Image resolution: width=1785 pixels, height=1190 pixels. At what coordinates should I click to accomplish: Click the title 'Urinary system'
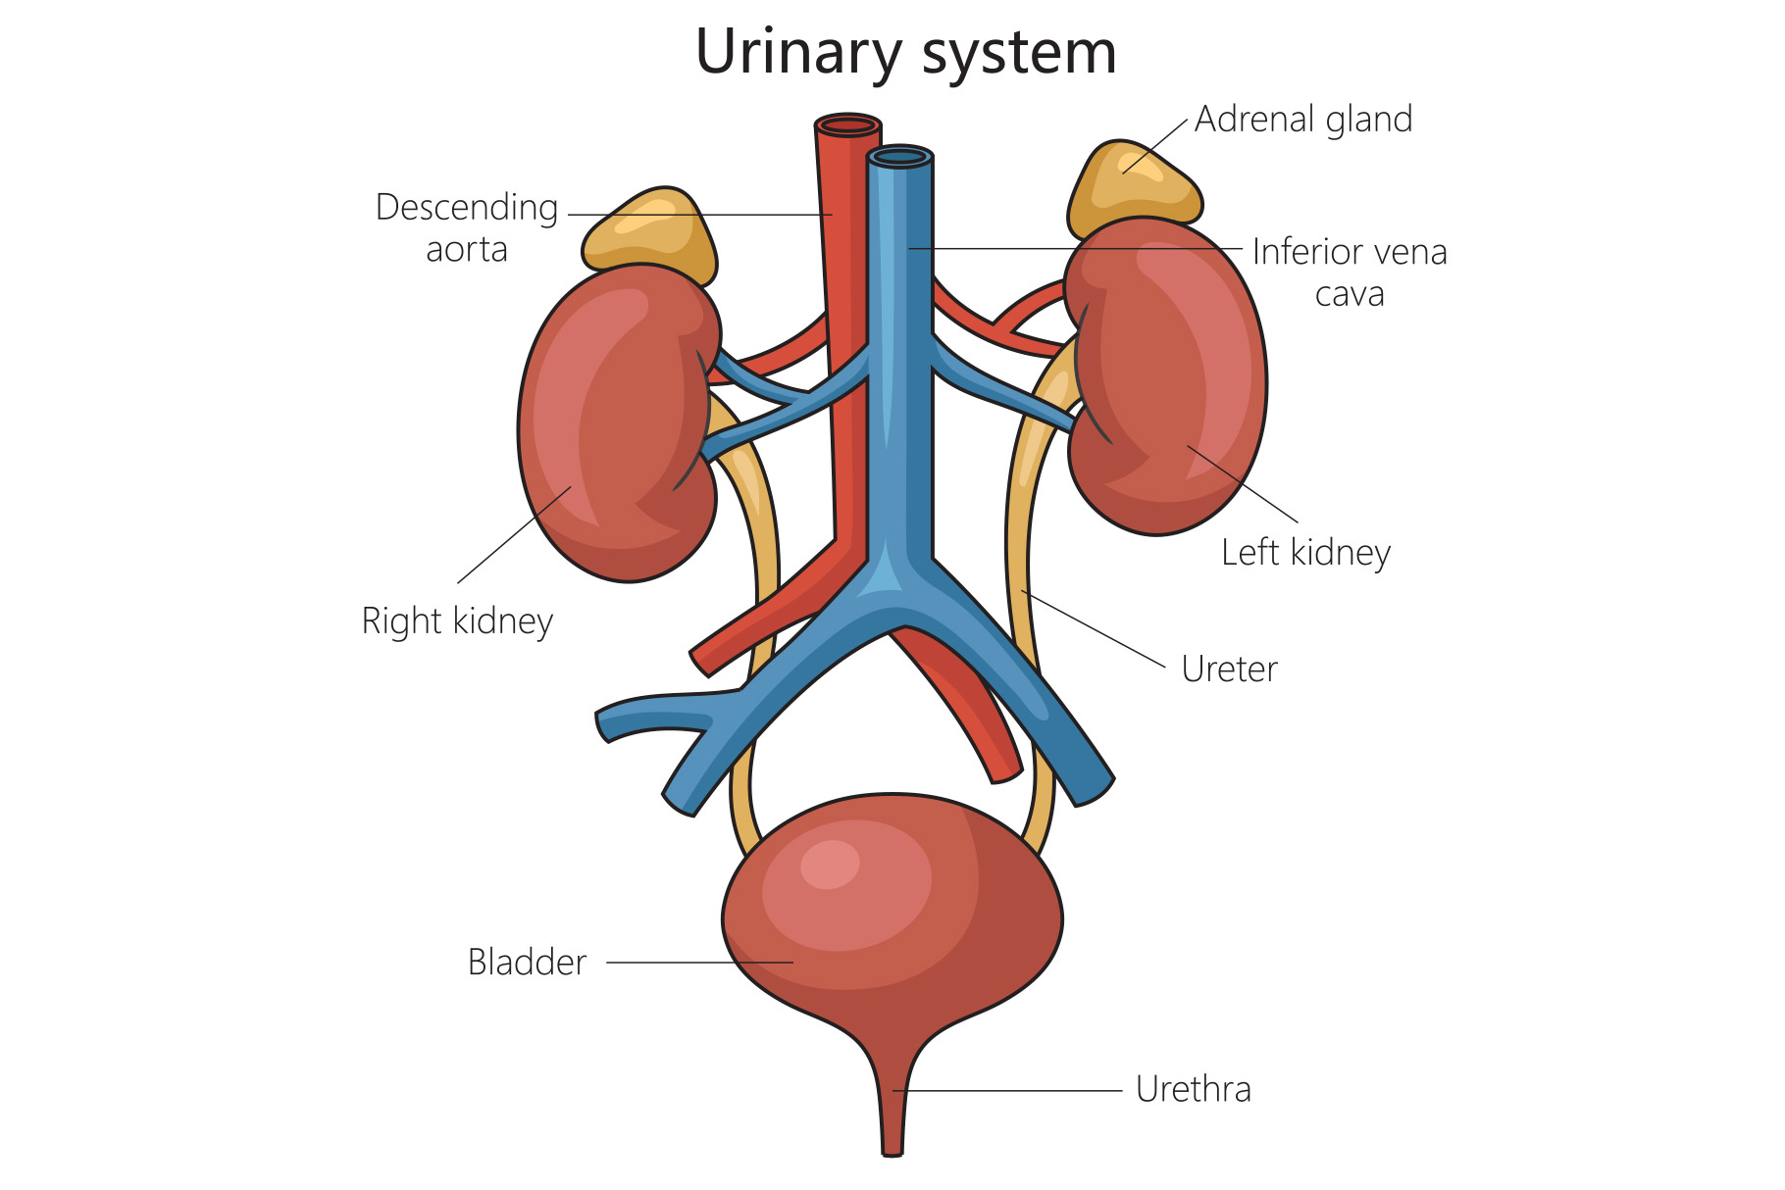tap(905, 52)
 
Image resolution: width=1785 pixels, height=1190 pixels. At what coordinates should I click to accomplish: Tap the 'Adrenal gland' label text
tap(1303, 120)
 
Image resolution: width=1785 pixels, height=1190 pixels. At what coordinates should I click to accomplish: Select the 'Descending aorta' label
tap(467, 227)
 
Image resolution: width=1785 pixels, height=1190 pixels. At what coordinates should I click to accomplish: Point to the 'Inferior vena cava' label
tap(1350, 272)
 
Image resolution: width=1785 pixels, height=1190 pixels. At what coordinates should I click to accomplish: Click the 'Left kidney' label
tap(1305, 553)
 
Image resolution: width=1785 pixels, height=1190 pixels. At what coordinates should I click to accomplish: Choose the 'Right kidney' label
tap(457, 621)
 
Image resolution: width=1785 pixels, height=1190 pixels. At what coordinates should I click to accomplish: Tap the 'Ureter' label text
tap(1229, 669)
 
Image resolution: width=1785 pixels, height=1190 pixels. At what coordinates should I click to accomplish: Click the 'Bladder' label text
tap(527, 963)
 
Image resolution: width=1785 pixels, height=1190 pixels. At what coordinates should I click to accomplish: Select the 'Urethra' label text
tap(1193, 1089)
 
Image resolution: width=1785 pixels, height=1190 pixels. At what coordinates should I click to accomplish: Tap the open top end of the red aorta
tap(848, 125)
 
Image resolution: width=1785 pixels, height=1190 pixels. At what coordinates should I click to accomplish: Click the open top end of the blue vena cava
tap(899, 157)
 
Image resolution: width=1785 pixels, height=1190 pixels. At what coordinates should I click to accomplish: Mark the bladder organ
tap(892, 921)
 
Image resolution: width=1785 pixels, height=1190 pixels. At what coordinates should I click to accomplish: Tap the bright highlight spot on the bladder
tap(830, 864)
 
